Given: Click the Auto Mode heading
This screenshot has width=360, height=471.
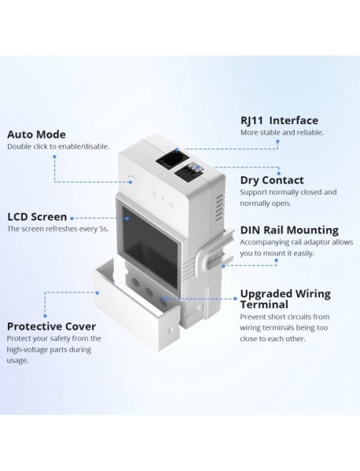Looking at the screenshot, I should tap(36, 134).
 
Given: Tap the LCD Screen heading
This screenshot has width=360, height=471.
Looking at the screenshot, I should tap(37, 216).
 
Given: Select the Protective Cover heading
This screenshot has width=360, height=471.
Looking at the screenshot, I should tap(51, 326).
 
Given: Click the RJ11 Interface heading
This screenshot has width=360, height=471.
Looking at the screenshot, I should tap(278, 120).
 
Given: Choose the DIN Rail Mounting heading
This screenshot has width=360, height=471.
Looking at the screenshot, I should tap(288, 230).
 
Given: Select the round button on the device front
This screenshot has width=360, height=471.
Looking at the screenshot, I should tap(130, 186).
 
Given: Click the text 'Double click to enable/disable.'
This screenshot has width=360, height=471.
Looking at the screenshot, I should tap(58, 146).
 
